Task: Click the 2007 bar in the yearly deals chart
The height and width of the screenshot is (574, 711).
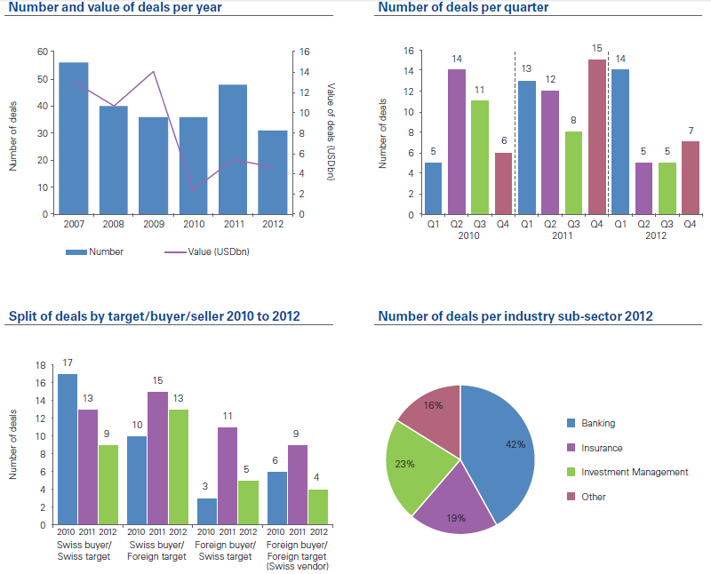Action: coord(74,138)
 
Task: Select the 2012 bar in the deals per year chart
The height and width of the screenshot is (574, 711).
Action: coord(273,172)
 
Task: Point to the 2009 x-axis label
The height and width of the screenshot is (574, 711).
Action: coord(154,224)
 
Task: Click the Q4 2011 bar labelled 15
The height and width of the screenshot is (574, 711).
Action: coord(596,137)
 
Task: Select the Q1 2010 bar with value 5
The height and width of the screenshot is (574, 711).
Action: coord(433,188)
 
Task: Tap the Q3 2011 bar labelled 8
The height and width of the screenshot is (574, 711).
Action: coord(573,172)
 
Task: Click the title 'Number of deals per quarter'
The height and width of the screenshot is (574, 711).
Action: coord(463,8)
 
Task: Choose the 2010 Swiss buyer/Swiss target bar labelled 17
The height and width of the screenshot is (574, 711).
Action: coord(68,450)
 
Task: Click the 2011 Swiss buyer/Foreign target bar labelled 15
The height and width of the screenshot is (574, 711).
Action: coord(156,458)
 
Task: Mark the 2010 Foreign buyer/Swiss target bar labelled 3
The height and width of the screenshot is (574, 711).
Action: coord(206,512)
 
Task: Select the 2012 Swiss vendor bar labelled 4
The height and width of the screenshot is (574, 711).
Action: coord(318,507)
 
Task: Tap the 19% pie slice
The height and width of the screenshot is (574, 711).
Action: coord(453,506)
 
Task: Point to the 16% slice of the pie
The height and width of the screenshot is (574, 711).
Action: coord(431,413)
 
